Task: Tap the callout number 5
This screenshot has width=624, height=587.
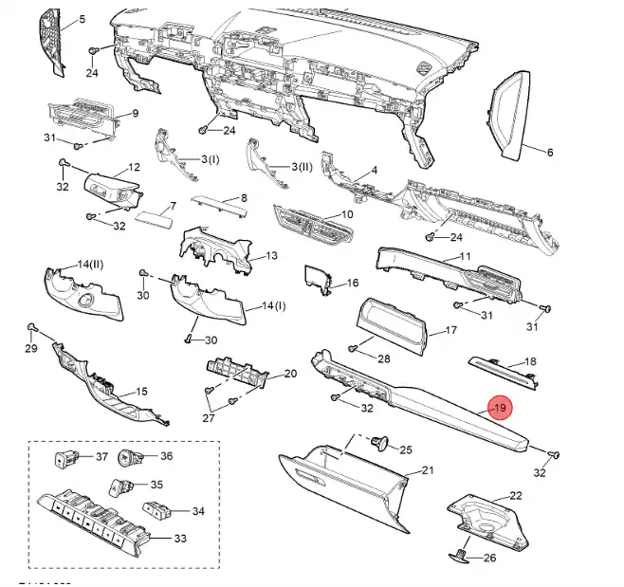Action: pos(82,20)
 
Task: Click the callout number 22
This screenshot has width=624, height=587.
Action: pos(516,496)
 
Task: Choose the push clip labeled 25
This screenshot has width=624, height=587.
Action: pos(383,441)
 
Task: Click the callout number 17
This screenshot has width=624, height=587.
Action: pos(451,331)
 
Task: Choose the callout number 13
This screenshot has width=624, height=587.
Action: pos(270,256)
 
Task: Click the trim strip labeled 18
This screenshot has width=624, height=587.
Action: pos(500,366)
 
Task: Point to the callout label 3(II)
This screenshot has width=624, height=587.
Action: pos(300,167)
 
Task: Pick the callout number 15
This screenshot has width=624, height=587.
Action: pos(141,391)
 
